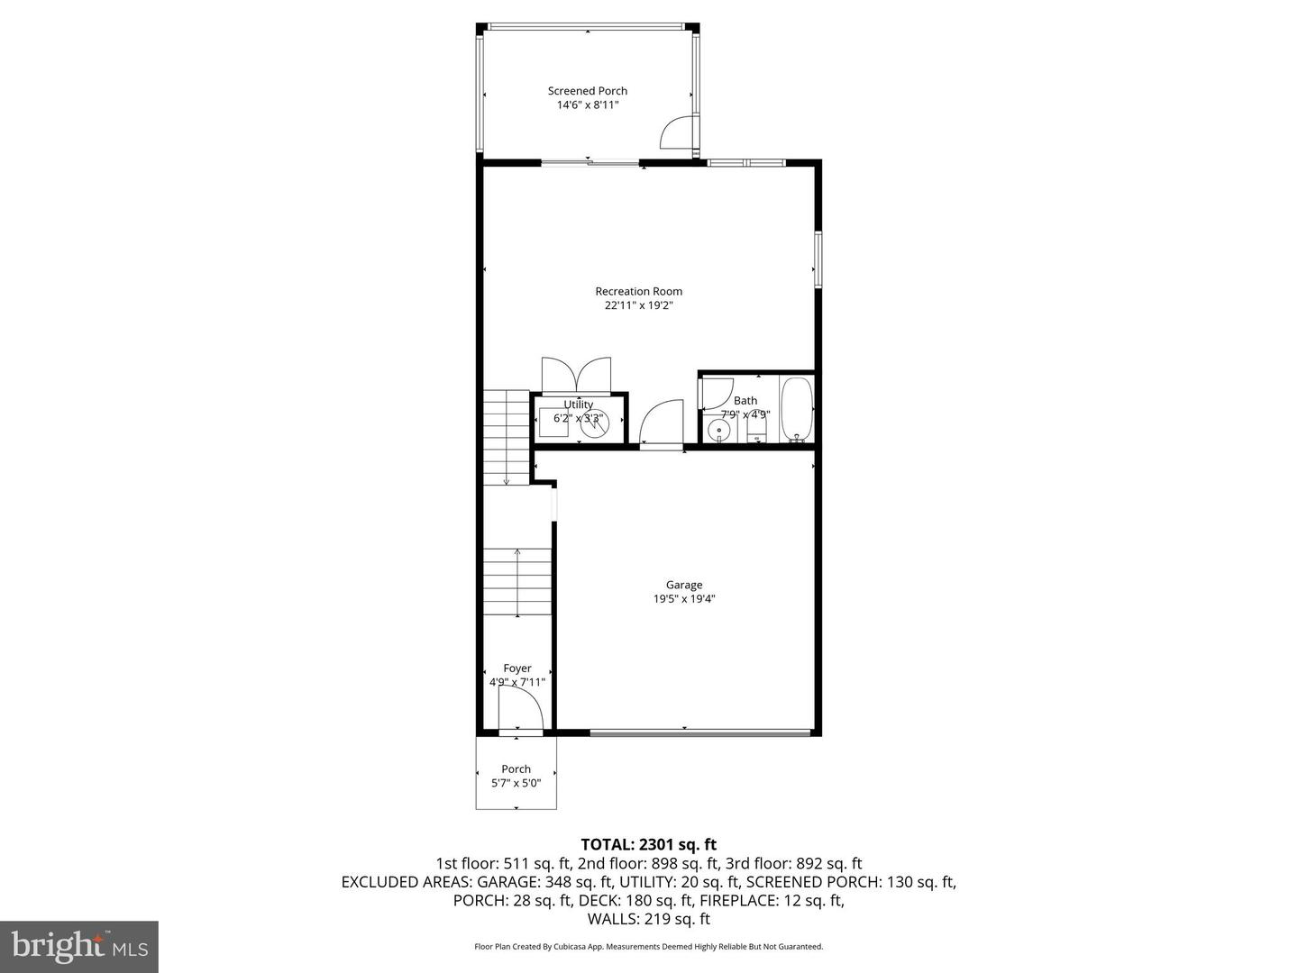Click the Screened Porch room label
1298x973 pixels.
tap(587, 91)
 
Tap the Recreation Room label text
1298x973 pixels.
tap(638, 291)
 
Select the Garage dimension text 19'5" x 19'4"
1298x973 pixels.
tap(684, 599)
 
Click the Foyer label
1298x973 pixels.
tap(517, 668)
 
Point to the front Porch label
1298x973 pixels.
tap(516, 768)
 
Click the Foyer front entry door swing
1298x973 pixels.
tap(521, 718)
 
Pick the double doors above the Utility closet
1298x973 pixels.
tap(576, 374)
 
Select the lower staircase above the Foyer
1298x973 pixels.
tap(517, 582)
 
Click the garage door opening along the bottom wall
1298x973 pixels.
tap(700, 733)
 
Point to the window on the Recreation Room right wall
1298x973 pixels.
tap(818, 259)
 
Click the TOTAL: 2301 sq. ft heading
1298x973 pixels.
tap(648, 844)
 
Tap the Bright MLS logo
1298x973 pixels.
tap(78, 946)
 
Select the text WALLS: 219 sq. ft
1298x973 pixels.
tap(648, 919)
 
